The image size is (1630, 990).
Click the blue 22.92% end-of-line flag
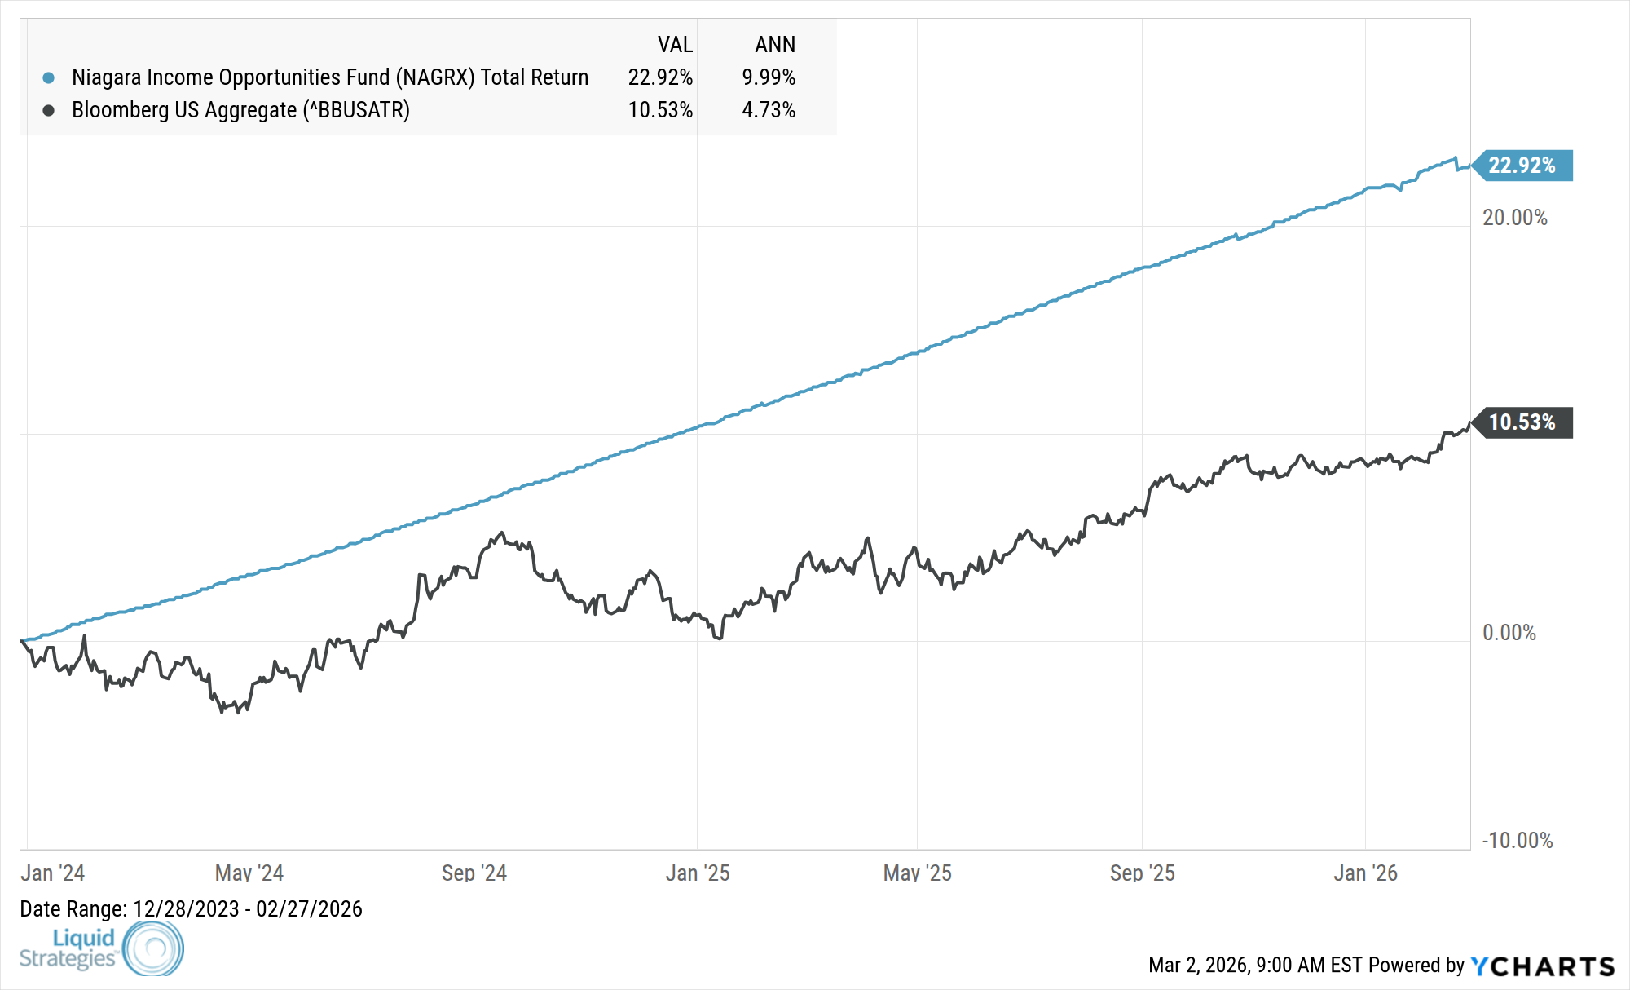click(x=1522, y=166)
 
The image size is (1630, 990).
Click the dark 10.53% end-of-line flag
click(x=1522, y=422)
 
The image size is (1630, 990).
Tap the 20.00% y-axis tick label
click(x=1514, y=218)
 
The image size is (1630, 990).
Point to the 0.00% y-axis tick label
click(x=1509, y=633)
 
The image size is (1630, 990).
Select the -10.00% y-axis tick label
click(x=1517, y=841)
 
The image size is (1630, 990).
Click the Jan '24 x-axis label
click(x=52, y=873)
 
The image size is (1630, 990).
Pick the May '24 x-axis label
click(x=249, y=873)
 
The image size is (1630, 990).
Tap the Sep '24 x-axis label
click(x=474, y=873)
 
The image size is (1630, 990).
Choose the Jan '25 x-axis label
click(x=698, y=873)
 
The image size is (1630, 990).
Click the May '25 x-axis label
click(x=917, y=873)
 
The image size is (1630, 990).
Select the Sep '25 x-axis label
click(x=1142, y=873)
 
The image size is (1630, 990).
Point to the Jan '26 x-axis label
click(x=1365, y=873)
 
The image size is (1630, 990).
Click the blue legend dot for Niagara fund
click(x=49, y=78)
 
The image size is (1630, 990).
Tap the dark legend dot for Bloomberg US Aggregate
click(x=49, y=110)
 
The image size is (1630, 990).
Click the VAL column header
click(x=675, y=45)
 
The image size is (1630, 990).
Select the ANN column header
click(x=775, y=45)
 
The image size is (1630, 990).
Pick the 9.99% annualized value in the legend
click(x=769, y=77)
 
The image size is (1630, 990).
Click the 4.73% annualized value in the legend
click(x=769, y=110)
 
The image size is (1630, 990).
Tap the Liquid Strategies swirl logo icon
click(x=153, y=948)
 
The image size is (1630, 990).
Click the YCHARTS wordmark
click(x=1543, y=966)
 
